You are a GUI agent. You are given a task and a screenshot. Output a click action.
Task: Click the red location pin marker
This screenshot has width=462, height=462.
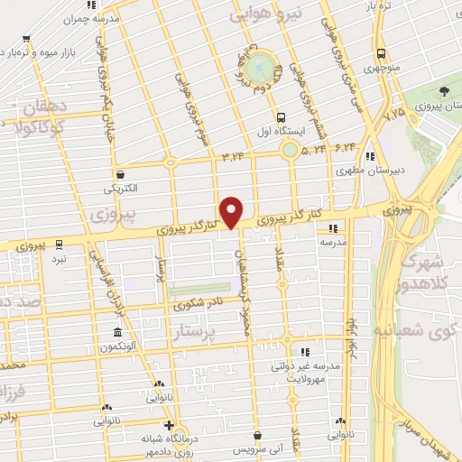click(232, 210)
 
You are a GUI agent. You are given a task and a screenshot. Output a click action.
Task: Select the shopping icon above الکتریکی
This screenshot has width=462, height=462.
click(120, 174)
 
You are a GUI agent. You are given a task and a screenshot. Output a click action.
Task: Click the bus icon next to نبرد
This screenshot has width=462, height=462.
click(59, 243)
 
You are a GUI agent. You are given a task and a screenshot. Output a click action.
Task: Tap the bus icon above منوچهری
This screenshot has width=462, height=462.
click(382, 53)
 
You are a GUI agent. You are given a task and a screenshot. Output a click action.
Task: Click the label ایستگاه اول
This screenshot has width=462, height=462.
click(282, 130)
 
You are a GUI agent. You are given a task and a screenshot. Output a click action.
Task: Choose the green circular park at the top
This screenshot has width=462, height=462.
click(261, 66)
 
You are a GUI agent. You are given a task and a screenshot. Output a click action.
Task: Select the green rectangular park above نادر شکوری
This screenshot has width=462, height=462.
click(192, 291)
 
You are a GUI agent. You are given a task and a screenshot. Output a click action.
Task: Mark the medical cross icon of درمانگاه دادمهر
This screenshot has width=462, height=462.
click(168, 425)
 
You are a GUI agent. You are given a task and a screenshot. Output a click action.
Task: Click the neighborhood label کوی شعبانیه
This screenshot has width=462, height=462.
click(420, 332)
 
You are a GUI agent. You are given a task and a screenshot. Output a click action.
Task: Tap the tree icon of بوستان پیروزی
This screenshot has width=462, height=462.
click(445, 91)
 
